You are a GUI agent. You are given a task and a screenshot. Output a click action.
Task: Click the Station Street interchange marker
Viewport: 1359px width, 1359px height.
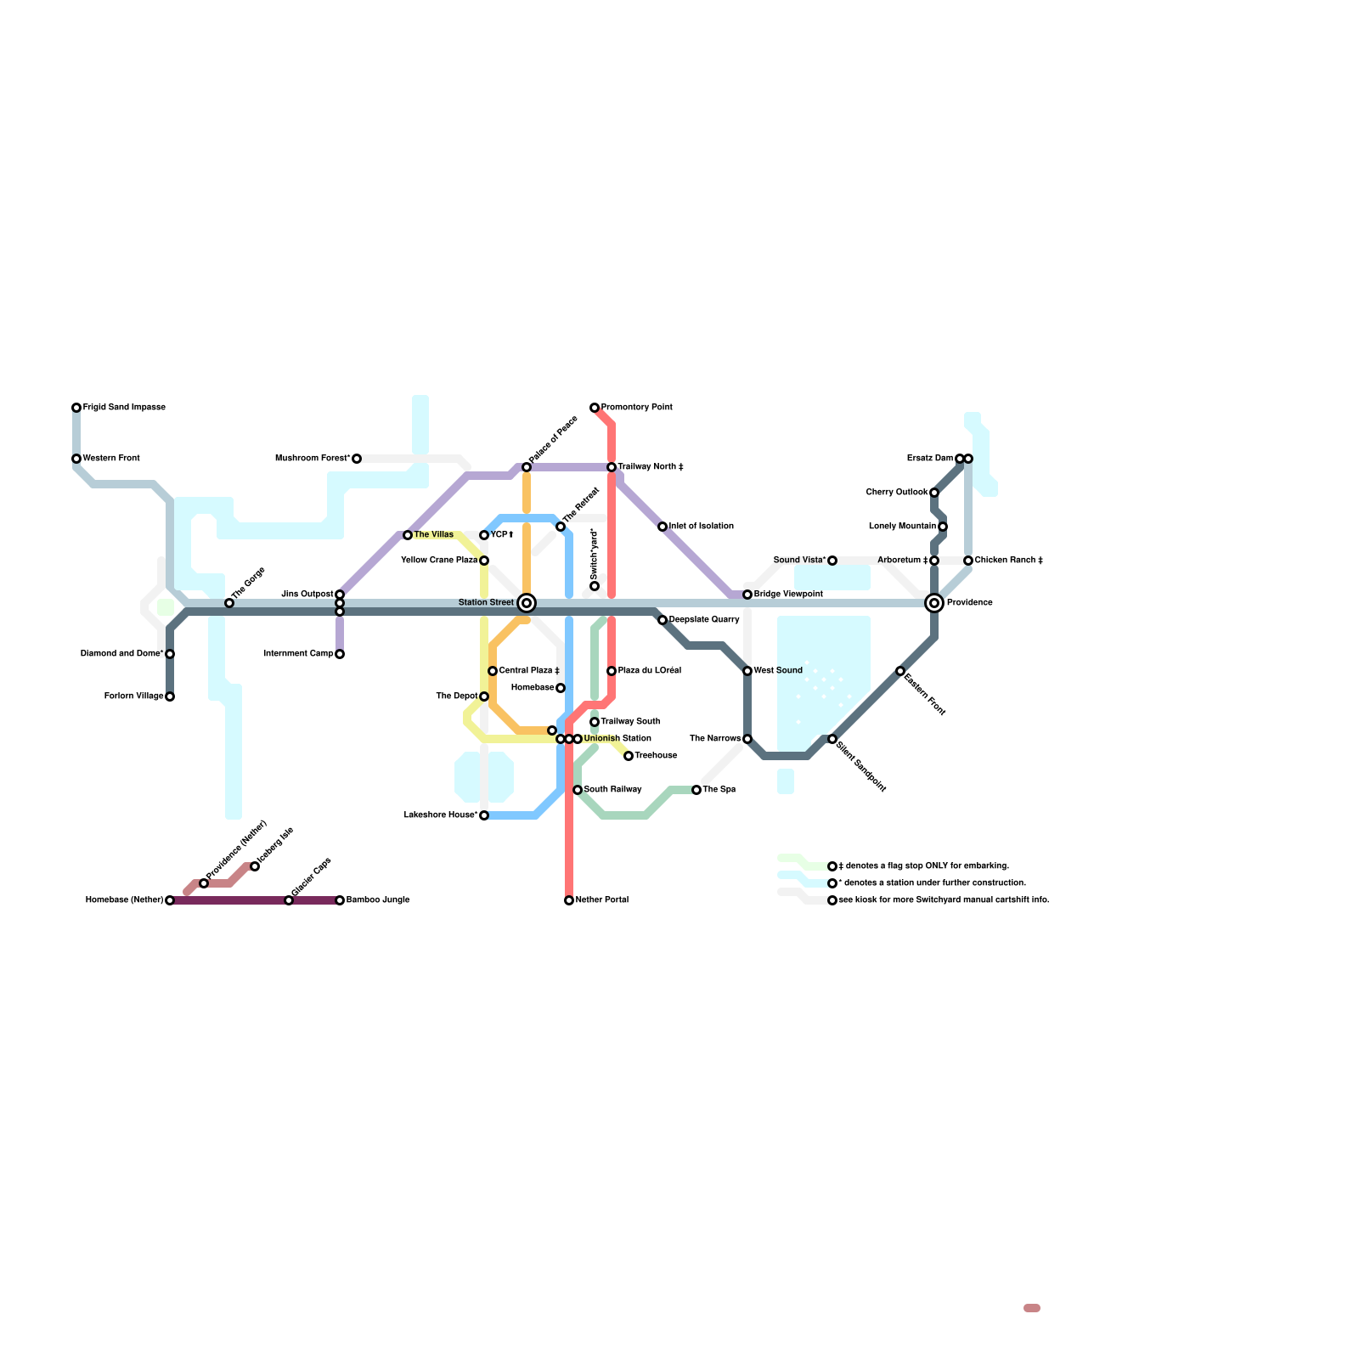[x=527, y=603]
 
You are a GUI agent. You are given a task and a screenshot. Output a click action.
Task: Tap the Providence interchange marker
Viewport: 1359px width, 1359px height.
[x=934, y=603]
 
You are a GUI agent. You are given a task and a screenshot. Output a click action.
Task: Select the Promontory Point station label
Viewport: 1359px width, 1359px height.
[x=637, y=408]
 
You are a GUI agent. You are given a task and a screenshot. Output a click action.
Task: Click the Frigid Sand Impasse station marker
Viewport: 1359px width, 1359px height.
[x=76, y=408]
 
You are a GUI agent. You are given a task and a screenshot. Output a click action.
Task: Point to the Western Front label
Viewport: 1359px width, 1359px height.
[x=111, y=459]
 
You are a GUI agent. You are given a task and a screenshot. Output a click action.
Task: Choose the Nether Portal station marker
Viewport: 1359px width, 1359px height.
[x=569, y=900]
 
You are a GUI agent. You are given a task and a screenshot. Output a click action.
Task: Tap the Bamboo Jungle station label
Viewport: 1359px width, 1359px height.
[x=378, y=900]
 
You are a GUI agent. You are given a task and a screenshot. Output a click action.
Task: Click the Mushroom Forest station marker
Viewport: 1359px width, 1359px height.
[x=357, y=459]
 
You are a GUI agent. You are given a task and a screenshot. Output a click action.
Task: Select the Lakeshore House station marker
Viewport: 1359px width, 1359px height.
[x=484, y=815]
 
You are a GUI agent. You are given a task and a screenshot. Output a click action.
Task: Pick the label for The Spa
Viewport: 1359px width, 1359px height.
[x=719, y=790]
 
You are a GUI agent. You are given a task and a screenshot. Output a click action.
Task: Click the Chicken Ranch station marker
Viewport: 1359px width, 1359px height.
[x=968, y=561]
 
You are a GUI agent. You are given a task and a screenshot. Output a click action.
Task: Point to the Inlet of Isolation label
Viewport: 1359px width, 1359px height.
[x=702, y=527]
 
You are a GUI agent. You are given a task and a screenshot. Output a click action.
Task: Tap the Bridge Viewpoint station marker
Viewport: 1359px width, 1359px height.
[x=747, y=595]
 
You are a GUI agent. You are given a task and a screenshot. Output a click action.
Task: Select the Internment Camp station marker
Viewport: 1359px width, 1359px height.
[x=340, y=654]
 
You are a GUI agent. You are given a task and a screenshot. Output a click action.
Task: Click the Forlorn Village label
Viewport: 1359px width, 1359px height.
[x=134, y=696]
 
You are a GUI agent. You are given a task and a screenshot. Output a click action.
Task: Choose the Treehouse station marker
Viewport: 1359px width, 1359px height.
[x=629, y=756]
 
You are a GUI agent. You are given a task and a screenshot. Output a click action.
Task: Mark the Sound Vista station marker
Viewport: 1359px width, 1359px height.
[x=832, y=561]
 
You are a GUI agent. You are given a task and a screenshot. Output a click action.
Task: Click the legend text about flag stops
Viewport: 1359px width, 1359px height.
[x=924, y=866]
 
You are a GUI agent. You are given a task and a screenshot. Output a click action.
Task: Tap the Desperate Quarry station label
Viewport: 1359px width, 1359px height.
[x=704, y=620]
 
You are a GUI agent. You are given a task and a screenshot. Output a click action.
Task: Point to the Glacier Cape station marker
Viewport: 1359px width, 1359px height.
[x=289, y=900]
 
